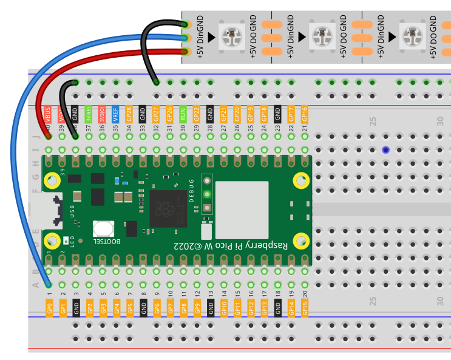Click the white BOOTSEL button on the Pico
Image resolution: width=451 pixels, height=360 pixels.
(103, 229)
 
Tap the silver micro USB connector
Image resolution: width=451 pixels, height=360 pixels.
(49, 209)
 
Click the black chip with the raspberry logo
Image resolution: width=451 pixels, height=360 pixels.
(168, 208)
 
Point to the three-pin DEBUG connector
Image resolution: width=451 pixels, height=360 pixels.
(207, 194)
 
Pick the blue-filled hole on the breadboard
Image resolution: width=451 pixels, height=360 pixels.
(385, 150)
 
